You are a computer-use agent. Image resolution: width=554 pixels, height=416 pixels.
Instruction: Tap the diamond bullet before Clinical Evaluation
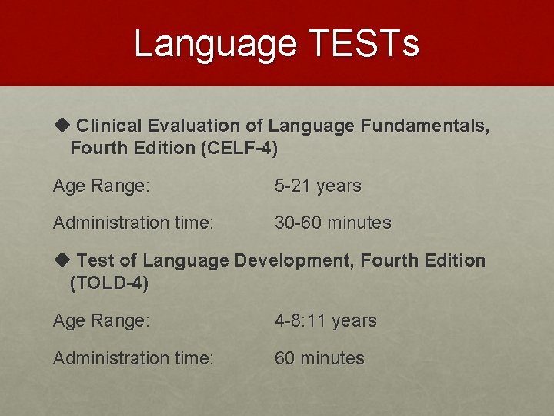tap(62, 124)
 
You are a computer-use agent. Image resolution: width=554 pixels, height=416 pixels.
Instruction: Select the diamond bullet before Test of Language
tap(62, 260)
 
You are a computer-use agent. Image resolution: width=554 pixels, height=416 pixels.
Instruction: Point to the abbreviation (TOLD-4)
tap(109, 283)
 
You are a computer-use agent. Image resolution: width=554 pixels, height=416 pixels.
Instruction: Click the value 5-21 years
tap(318, 186)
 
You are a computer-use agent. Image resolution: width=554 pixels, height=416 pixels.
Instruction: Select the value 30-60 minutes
tap(333, 223)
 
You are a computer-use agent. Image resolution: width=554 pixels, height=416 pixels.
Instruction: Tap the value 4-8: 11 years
tap(325, 320)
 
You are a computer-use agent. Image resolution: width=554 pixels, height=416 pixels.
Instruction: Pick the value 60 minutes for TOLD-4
tap(319, 358)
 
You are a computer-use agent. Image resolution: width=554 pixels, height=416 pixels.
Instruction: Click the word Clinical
tap(108, 125)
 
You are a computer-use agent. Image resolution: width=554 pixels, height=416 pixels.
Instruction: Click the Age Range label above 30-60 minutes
tap(101, 186)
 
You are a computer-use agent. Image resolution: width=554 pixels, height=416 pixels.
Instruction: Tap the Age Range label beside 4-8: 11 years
tap(101, 320)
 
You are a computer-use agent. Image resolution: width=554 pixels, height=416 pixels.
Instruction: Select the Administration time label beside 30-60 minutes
tap(133, 223)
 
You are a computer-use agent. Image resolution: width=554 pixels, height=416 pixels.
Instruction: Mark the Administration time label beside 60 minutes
tap(133, 358)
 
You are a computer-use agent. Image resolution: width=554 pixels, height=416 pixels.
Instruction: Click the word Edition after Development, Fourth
tap(453, 260)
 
